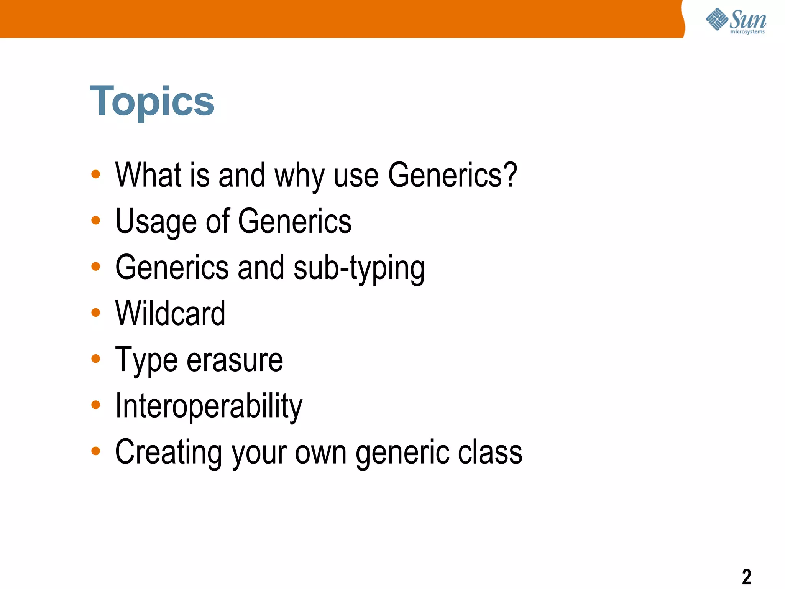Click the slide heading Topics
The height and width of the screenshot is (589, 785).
point(152,101)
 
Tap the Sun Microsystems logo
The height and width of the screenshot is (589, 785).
point(736,21)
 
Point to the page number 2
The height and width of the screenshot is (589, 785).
point(746,576)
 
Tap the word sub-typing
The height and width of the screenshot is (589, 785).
point(359,268)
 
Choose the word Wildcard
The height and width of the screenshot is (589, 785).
point(170,314)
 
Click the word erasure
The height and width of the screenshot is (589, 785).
point(235,360)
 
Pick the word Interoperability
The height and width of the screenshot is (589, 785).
point(209,406)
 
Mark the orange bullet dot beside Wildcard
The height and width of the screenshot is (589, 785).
point(96,313)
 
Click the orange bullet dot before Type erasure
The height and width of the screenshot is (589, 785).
point(96,359)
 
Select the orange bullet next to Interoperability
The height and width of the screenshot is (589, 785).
point(96,405)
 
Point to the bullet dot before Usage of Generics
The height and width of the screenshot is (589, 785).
point(96,220)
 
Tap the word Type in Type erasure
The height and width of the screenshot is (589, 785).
point(146,360)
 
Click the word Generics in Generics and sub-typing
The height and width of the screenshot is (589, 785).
point(172,268)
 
